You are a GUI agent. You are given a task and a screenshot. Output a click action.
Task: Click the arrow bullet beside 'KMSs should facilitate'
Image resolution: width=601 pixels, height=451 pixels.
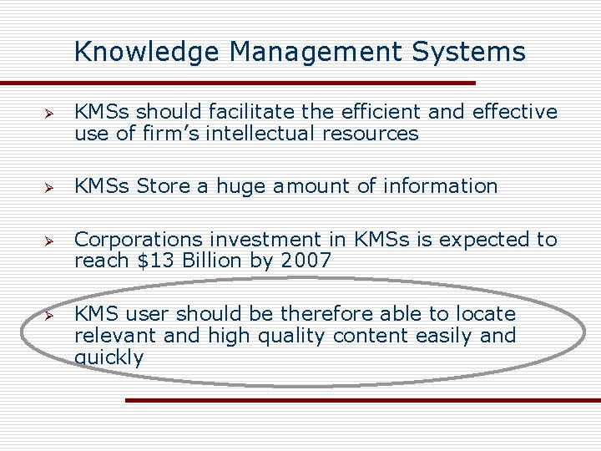(x=49, y=113)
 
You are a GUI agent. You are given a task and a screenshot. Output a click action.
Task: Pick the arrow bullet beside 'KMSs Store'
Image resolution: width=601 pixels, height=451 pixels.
(x=49, y=187)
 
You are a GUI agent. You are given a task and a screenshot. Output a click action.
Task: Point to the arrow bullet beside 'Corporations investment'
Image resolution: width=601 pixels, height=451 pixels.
(x=49, y=241)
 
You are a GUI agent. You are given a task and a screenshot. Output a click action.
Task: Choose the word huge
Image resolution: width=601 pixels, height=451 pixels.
(x=240, y=187)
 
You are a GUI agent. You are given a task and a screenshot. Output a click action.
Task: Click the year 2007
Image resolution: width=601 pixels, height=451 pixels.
(x=306, y=261)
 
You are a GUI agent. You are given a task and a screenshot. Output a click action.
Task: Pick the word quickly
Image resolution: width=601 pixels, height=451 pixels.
(x=109, y=358)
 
